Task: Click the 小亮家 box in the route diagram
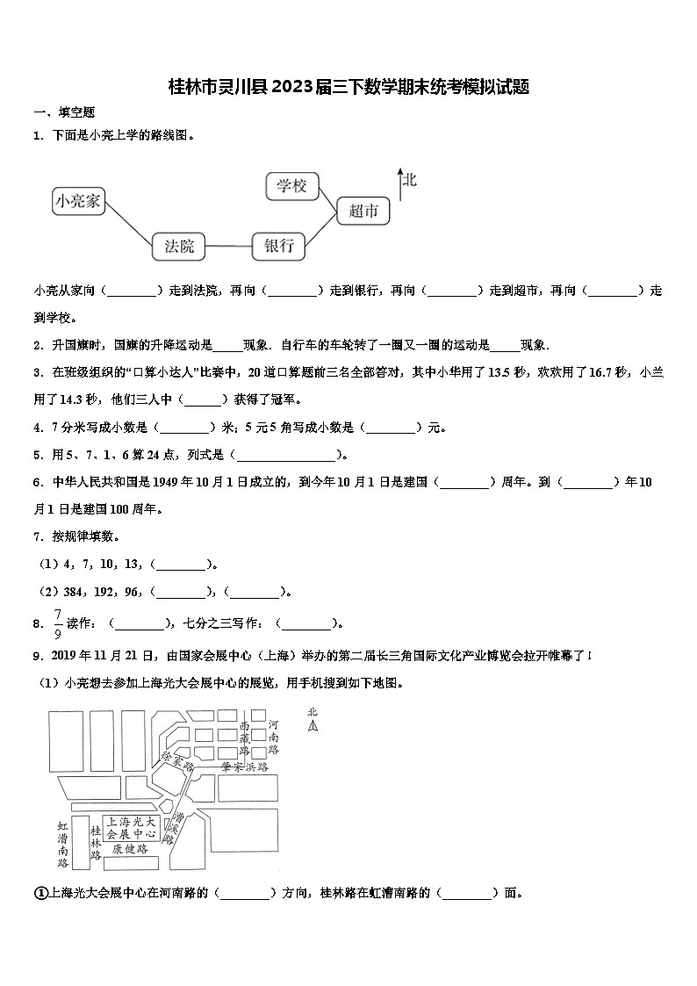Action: pyautogui.click(x=78, y=202)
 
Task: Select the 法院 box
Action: pyautogui.click(x=178, y=247)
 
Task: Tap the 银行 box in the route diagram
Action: pyautogui.click(x=278, y=247)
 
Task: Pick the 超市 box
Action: pyautogui.click(x=363, y=210)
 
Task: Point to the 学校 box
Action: pyautogui.click(x=292, y=185)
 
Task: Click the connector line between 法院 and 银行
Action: pyautogui.click(x=228, y=247)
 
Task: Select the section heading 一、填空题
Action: pyautogui.click(x=64, y=112)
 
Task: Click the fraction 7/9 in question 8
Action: pyautogui.click(x=58, y=623)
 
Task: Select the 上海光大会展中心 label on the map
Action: pyautogui.click(x=131, y=826)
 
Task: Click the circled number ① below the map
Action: pyautogui.click(x=40, y=893)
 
